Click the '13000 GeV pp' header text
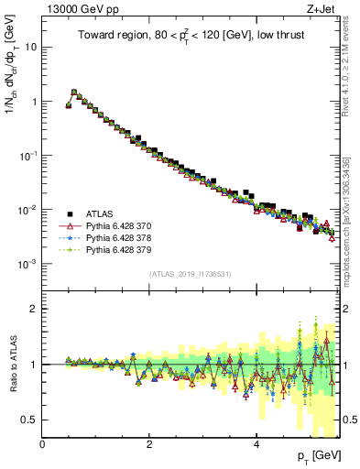pos(80,8)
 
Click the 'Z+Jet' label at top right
pos(326,8)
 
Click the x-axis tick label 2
pos(150,444)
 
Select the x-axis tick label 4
pos(257,444)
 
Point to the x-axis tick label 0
pos(43,444)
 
